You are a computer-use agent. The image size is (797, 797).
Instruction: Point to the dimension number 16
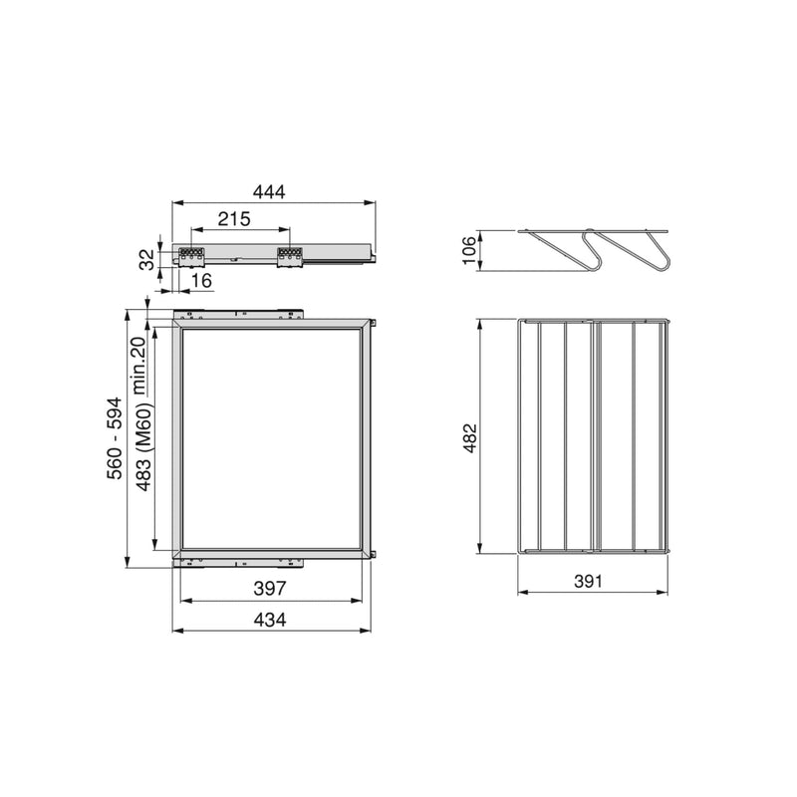point(200,282)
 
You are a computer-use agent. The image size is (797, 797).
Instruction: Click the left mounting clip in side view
point(191,256)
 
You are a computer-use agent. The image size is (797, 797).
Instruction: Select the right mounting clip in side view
point(290,256)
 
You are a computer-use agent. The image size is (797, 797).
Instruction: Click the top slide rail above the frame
point(239,313)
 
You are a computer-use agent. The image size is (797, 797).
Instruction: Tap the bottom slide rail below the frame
point(239,561)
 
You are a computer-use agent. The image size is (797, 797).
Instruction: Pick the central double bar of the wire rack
point(594,435)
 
